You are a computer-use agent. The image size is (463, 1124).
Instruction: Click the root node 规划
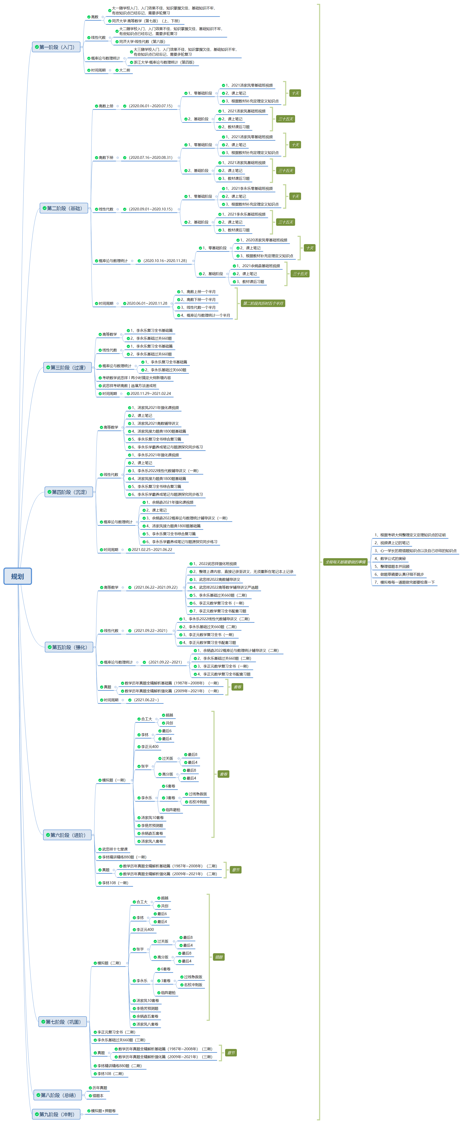click(x=17, y=576)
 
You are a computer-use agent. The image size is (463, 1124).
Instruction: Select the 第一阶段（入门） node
click(x=56, y=47)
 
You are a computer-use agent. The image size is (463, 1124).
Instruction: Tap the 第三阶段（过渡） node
click(x=68, y=367)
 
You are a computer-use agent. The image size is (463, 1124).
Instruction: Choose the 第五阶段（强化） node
click(x=69, y=647)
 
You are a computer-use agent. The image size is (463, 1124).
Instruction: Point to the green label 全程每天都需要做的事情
click(x=345, y=562)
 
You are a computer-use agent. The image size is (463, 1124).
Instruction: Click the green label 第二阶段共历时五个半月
click(x=263, y=303)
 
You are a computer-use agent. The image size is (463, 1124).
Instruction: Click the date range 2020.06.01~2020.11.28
click(x=147, y=303)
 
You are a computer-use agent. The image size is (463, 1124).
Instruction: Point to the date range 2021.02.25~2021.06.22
click(x=152, y=549)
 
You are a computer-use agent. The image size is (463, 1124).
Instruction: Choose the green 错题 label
click(x=219, y=957)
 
